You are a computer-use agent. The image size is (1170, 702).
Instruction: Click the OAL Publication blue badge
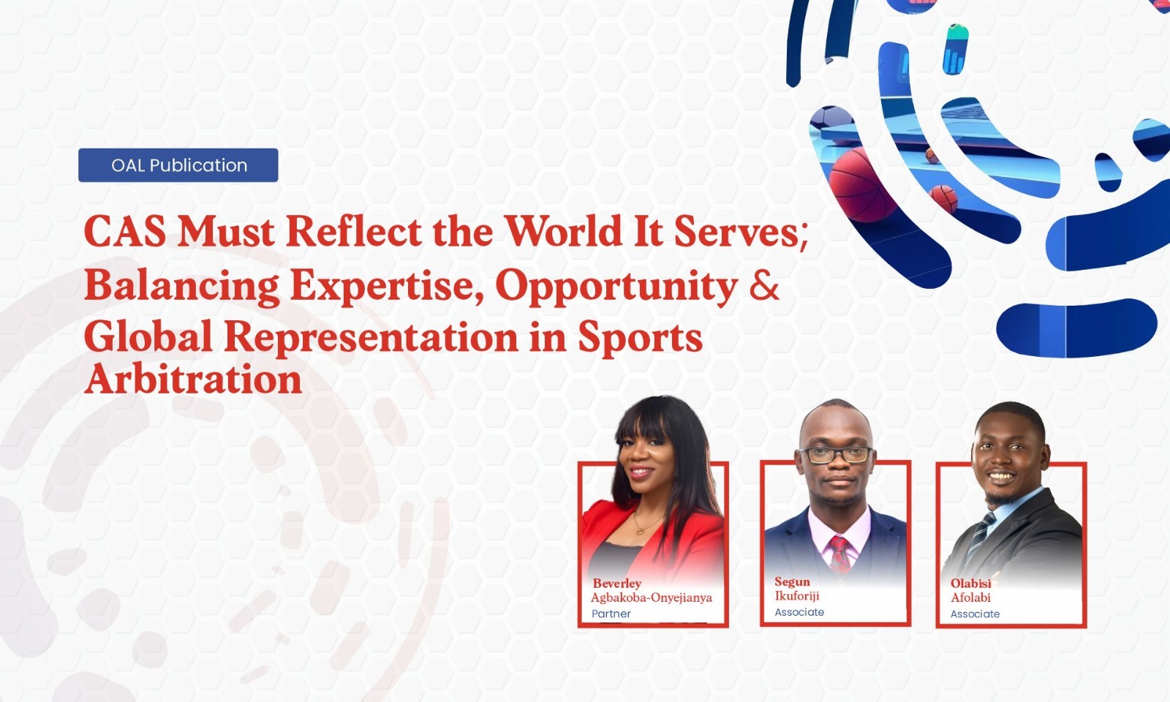click(x=178, y=165)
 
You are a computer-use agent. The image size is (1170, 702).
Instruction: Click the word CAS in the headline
click(x=125, y=231)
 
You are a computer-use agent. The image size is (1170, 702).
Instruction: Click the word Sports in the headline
click(x=640, y=338)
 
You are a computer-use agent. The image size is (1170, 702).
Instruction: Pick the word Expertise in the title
click(x=387, y=286)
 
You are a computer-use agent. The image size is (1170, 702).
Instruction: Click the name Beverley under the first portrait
click(x=617, y=584)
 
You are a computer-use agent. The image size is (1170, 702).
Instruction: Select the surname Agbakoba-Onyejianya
click(x=652, y=597)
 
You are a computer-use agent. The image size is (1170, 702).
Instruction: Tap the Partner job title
click(x=611, y=614)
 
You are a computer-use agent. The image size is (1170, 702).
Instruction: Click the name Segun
click(x=793, y=582)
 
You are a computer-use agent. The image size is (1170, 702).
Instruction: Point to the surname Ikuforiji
click(x=797, y=596)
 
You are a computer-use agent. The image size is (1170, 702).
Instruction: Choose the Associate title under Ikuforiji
click(x=799, y=612)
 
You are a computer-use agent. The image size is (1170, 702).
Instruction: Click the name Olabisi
click(x=970, y=584)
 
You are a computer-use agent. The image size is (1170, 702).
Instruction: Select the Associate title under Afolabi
click(x=975, y=614)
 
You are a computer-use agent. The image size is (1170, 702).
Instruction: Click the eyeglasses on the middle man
click(x=837, y=455)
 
